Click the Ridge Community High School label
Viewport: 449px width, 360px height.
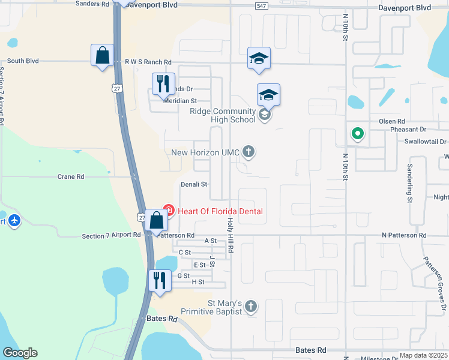[x=222, y=115]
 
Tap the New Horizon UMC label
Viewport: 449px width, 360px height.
[x=205, y=153]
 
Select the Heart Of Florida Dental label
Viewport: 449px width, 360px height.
[x=220, y=211]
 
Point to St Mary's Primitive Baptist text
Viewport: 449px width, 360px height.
[x=224, y=307]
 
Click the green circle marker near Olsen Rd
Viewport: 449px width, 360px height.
[x=357, y=133]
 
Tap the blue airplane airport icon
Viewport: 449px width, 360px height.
[x=15, y=221]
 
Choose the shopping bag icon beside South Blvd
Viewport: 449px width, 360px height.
[x=102, y=55]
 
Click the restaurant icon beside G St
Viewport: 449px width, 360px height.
[x=159, y=280]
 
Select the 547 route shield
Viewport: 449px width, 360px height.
[x=261, y=5]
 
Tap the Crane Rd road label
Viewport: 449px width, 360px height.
[x=70, y=177]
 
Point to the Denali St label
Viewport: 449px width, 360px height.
[x=194, y=184]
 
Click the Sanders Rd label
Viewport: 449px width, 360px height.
[x=92, y=4]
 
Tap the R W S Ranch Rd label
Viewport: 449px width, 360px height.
[x=148, y=62]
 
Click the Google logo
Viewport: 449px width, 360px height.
[x=20, y=353]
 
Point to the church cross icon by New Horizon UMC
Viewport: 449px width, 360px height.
[x=249, y=152]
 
